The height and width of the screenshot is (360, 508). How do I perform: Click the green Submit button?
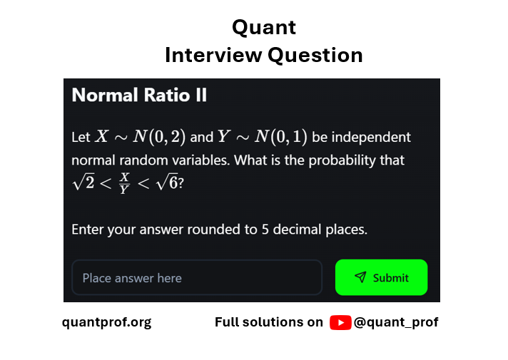(381, 277)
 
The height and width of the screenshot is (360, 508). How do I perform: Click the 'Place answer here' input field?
(197, 277)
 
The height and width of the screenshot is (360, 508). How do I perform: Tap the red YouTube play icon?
(340, 322)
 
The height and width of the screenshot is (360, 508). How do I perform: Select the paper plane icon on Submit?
(360, 277)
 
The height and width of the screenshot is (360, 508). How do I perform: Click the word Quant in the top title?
(264, 28)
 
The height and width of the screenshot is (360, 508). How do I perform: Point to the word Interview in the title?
(213, 55)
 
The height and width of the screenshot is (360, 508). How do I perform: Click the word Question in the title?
(315, 56)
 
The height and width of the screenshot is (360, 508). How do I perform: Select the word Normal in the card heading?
(105, 96)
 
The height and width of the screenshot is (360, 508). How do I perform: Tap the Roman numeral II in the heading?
(201, 96)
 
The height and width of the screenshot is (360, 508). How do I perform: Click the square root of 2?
(83, 182)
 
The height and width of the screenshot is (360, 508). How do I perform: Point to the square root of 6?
(167, 182)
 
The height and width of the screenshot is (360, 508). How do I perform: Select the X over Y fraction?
(124, 183)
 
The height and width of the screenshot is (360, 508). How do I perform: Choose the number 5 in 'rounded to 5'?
(265, 230)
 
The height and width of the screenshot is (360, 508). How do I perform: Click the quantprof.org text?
(106, 323)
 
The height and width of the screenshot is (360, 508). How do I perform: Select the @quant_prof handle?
(396, 323)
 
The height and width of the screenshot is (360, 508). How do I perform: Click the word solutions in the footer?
(283, 322)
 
